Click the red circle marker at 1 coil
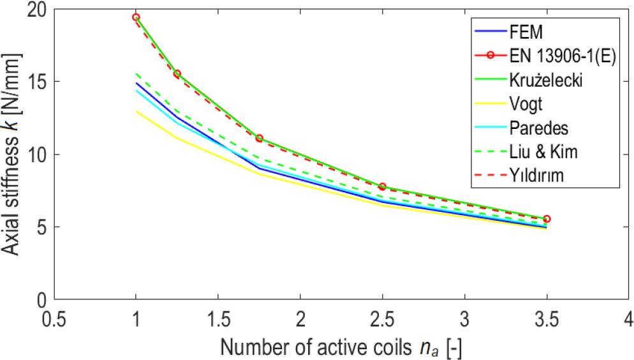[x=136, y=17]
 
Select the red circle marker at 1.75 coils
[x=259, y=139]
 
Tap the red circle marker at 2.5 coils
[x=382, y=186]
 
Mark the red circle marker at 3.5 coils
[x=546, y=219]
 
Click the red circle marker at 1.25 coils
[x=177, y=74]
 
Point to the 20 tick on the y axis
[x=38, y=10]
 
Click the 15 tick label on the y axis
[x=38, y=82]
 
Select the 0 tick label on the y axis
[x=43, y=299]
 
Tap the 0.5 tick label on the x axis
[x=54, y=317]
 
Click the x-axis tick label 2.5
[x=382, y=317]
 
